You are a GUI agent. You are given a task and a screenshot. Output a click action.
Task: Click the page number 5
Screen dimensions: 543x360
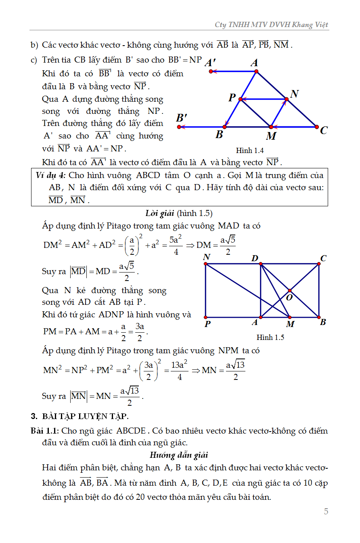pos(326,512)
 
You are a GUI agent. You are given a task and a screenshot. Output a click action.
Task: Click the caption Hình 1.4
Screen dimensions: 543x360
pos(250,151)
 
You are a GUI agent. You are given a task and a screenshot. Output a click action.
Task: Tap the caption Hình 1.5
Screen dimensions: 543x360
pos(270,338)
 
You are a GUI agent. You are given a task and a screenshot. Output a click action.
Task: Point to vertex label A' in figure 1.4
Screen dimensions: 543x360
pos(210,63)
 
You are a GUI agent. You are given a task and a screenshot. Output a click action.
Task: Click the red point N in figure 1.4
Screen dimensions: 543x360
pos(287,99)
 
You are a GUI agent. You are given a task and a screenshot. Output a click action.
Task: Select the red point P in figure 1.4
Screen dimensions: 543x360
pos(240,99)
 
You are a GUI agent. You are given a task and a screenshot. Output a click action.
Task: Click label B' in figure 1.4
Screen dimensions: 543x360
pos(182,118)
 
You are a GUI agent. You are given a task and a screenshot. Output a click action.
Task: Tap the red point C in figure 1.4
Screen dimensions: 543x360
pos(317,127)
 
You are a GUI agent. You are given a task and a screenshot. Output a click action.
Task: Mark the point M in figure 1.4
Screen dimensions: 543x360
pos(271,127)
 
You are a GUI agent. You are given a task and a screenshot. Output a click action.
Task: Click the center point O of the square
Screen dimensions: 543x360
pos(290,291)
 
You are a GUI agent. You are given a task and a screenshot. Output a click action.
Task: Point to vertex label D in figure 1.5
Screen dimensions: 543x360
pos(255,258)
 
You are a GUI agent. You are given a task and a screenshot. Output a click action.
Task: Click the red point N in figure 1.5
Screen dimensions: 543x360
pos(205,264)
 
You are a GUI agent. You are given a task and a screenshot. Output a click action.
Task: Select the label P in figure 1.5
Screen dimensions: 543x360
pos(207,324)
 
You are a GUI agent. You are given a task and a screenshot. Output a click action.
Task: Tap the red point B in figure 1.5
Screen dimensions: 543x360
pos(319,317)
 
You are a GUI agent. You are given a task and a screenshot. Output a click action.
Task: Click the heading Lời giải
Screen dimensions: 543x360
pos(159,213)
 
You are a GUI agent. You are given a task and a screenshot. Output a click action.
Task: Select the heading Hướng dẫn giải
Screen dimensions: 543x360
pos(179,455)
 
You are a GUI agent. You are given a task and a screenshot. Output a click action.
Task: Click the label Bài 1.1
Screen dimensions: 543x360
pos(45,431)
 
